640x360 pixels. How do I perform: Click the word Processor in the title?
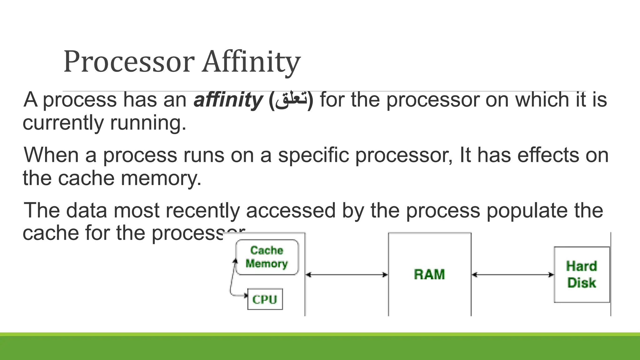pyautogui.click(x=129, y=62)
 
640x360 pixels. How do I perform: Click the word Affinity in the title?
pyautogui.click(x=251, y=62)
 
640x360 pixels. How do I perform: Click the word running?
pyautogui.click(x=148, y=122)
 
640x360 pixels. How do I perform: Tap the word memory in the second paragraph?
pyautogui.click(x=161, y=178)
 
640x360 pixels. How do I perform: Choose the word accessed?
pyautogui.click(x=291, y=210)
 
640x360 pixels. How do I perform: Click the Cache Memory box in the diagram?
pyautogui.click(x=267, y=257)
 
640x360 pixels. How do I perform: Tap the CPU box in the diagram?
pyautogui.click(x=265, y=299)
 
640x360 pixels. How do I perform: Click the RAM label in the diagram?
pyautogui.click(x=429, y=274)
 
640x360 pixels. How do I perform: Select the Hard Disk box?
pyautogui.click(x=582, y=274)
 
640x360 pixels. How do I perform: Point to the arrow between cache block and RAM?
pyautogui.click(x=347, y=275)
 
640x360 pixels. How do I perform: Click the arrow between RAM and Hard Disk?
pyautogui.click(x=512, y=275)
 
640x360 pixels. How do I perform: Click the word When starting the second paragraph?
pyautogui.click(x=51, y=155)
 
